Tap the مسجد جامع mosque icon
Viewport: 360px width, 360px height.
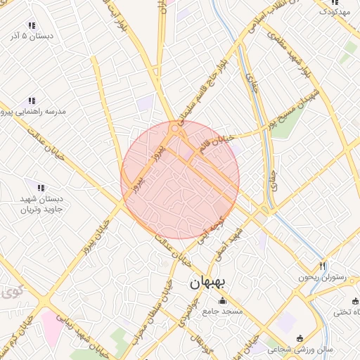point(223,301)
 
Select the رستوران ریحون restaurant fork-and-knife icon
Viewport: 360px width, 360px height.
point(323,266)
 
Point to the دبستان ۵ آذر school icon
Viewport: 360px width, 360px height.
point(30,25)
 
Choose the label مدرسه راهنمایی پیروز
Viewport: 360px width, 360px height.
point(34,112)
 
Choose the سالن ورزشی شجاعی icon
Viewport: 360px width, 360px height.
point(301,338)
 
